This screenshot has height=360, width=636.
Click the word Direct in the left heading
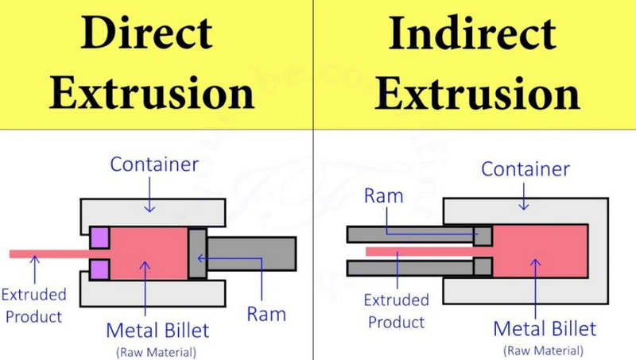146,33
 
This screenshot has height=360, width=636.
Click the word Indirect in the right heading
472,33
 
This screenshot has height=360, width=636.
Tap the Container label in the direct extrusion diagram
154,165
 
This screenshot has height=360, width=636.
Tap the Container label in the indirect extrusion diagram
525,169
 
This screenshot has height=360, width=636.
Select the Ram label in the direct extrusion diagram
266,314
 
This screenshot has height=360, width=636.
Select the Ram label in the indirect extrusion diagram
384,195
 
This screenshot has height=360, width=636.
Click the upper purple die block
99,238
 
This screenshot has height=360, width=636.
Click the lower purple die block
99,269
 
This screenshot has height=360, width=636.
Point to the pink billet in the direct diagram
149,254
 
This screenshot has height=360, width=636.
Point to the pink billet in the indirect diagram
540,251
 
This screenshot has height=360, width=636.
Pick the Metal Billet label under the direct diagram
157,330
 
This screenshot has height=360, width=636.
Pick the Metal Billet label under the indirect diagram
545,328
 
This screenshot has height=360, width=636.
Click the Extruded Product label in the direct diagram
33,305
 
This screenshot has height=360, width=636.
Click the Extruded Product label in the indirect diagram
396,311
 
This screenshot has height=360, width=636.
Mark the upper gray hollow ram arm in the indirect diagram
420,235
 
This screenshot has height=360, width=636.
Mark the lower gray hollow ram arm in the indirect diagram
420,268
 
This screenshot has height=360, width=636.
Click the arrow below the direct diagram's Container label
149,195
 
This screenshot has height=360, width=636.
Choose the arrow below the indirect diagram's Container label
524,196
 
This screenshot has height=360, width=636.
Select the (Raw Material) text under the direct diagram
157,352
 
